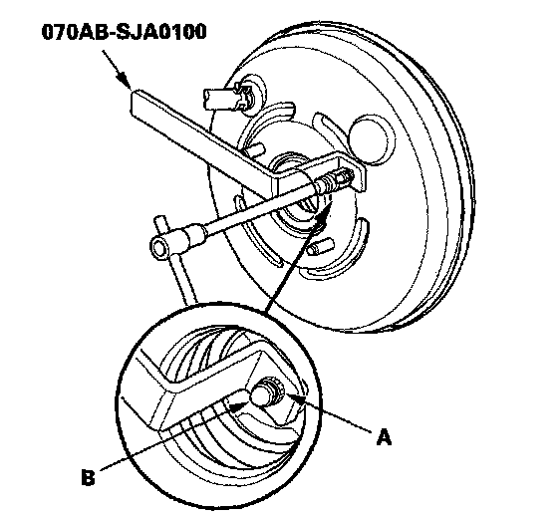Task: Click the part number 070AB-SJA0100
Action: coord(124,32)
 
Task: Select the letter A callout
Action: coord(384,437)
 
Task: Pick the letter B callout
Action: coord(88,477)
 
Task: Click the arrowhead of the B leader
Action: coord(237,406)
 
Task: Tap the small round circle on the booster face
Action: coord(372,138)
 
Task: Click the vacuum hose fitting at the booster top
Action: coord(229,97)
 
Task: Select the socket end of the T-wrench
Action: coord(160,245)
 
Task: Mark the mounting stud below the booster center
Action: coord(321,246)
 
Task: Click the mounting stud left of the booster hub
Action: coord(253,148)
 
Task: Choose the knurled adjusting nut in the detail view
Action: coord(275,388)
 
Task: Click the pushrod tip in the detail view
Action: coord(259,395)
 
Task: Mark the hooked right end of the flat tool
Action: coord(357,170)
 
